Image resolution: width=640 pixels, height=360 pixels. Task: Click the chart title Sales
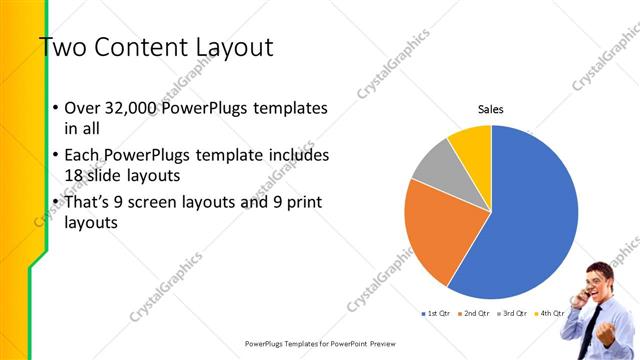point(490,109)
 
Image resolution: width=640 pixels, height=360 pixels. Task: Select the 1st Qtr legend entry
point(437,314)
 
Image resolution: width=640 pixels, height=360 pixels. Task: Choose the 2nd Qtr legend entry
point(475,314)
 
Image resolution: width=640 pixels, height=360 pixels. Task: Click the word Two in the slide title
point(64,48)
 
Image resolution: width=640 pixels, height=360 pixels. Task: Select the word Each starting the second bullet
point(83,156)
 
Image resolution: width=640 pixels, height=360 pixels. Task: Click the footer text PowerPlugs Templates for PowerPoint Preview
point(319,343)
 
